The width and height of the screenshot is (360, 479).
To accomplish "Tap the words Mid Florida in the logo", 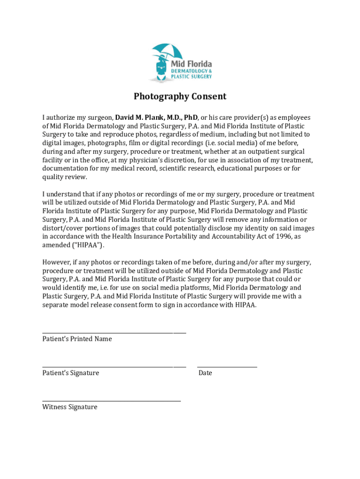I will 191,64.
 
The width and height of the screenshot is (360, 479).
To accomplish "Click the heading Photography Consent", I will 180,96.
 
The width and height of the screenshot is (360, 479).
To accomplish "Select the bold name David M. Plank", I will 139,117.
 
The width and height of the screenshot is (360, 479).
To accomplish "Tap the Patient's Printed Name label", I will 77,339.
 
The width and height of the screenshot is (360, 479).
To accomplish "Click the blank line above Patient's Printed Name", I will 114,333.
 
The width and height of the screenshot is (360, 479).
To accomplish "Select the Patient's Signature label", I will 71,373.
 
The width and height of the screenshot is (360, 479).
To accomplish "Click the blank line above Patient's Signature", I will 114,367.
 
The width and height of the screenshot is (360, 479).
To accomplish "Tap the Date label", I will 205,373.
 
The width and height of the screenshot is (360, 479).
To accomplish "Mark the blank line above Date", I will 227,367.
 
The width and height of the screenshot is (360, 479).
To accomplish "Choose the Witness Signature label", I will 70,407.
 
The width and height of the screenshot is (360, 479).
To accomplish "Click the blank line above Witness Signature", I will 111,401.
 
